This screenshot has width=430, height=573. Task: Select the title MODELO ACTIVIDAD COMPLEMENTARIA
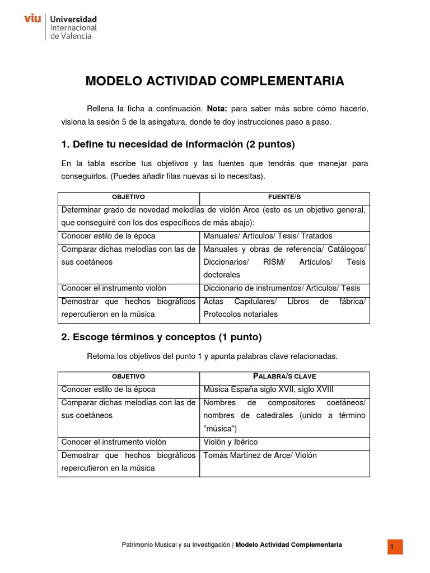point(214,82)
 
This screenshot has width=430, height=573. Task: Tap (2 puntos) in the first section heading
point(270,144)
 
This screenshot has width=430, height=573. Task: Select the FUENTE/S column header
point(284,198)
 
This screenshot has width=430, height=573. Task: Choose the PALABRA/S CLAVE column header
point(284,376)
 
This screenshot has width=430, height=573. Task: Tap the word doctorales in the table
point(222,275)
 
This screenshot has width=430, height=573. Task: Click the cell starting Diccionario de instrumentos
point(282,288)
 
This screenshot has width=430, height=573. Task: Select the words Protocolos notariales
point(240,314)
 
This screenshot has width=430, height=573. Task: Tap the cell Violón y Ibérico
point(231,442)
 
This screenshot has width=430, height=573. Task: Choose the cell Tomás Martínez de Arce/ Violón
point(260,455)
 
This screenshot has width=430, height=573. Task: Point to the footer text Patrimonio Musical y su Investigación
point(176,544)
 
